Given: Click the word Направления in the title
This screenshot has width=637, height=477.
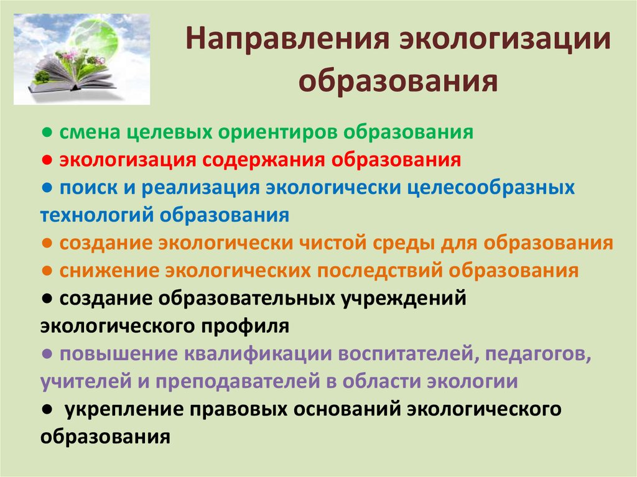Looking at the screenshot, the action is pos(287,39).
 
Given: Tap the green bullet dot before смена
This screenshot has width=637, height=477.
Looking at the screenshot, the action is pos(47,132).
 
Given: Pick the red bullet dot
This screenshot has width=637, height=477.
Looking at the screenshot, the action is pos(47,160).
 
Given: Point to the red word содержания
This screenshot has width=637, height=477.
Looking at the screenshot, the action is pos(264,160).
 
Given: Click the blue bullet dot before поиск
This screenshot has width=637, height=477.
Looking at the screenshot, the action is pos(47,188).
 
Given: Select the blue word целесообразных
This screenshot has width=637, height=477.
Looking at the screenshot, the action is pos(491,188).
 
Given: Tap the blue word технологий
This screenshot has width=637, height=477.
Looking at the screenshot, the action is pos(96,215).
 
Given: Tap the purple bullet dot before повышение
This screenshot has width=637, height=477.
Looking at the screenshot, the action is pos(47,353).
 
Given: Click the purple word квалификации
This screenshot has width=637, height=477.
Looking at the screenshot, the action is pos(258,354).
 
